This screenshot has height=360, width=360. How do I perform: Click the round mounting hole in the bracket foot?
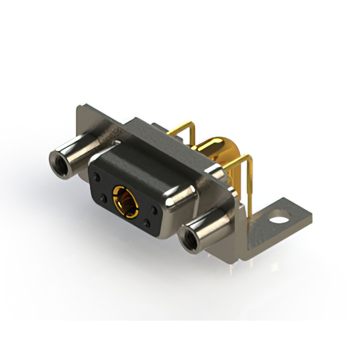(x=280, y=215)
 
